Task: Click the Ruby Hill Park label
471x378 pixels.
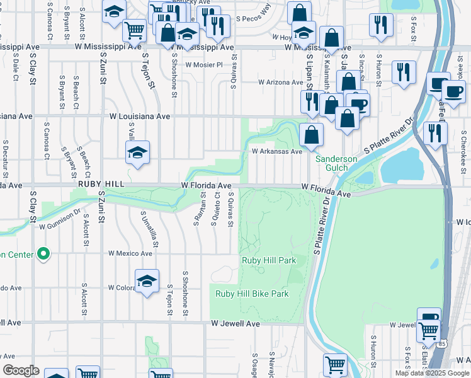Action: pyautogui.click(x=269, y=260)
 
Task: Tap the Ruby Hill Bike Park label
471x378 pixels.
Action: pyautogui.click(x=252, y=294)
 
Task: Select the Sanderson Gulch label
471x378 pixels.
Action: pyautogui.click(x=336, y=163)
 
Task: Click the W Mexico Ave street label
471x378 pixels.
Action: pyautogui.click(x=130, y=253)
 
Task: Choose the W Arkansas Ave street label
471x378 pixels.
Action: pyautogui.click(x=277, y=151)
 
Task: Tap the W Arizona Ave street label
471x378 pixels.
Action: pyautogui.click(x=281, y=82)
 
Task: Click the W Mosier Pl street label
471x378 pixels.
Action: pyautogui.click(x=203, y=65)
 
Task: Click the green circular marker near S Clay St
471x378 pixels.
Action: pyautogui.click(x=43, y=254)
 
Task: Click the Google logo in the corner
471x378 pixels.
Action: pyautogui.click(x=21, y=370)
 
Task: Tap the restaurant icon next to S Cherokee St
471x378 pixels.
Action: pyautogui.click(x=435, y=133)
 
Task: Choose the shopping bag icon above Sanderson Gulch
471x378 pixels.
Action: pyautogui.click(x=311, y=134)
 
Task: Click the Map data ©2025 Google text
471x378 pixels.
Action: pyautogui.click(x=432, y=373)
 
